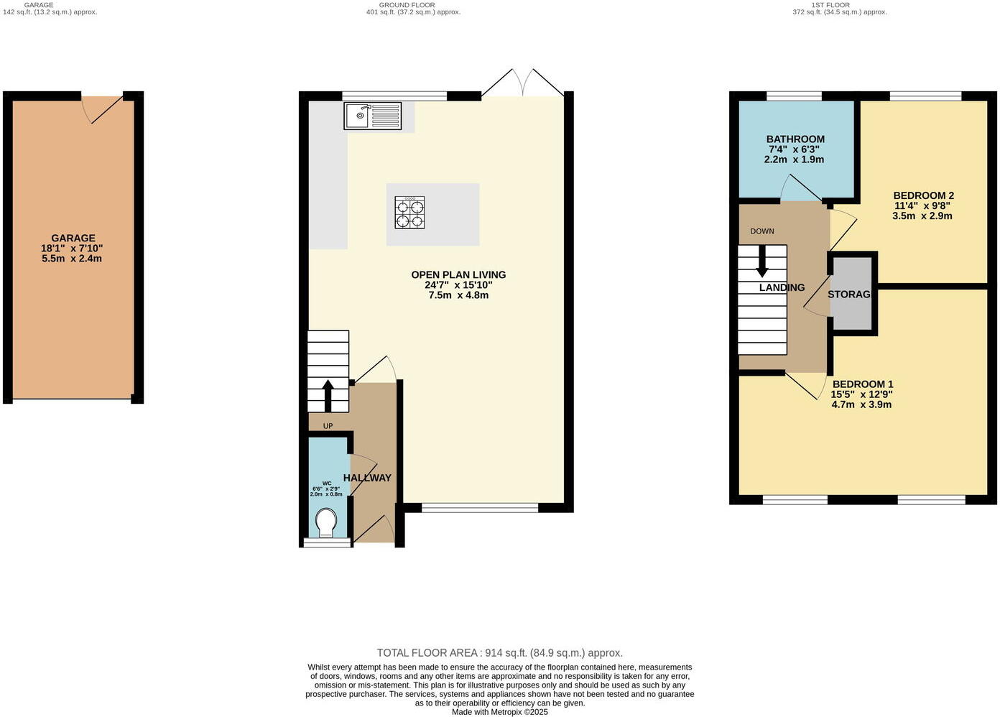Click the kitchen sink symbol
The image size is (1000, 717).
(372, 116)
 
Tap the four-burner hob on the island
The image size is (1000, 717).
(409, 213)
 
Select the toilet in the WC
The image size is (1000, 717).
(326, 522)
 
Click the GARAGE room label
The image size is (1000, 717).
(73, 238)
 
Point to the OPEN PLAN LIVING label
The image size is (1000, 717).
(458, 274)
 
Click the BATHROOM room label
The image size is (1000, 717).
(795, 139)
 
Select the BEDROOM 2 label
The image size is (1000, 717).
(923, 195)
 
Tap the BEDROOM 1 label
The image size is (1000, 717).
(862, 384)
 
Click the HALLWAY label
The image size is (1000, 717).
(367, 478)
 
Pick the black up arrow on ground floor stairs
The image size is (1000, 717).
(328, 394)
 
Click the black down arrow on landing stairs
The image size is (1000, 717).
(761, 263)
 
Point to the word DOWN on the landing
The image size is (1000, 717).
(761, 231)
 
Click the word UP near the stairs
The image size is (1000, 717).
(328, 426)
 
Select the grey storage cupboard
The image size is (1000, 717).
(851, 294)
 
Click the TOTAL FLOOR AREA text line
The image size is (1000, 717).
(499, 653)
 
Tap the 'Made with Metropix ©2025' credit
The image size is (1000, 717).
(499, 712)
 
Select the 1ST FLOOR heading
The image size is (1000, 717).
(830, 5)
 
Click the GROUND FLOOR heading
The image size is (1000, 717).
(407, 5)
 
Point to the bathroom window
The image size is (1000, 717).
(794, 96)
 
